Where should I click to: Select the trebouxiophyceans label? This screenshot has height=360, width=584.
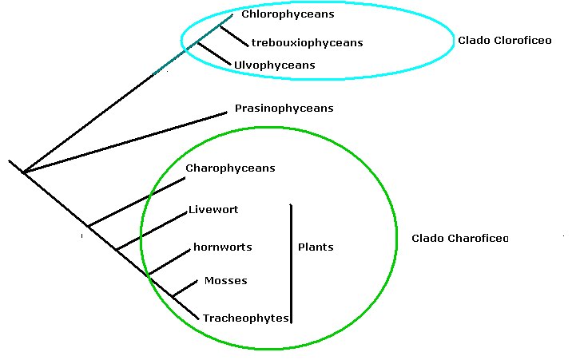pyautogui.click(x=307, y=42)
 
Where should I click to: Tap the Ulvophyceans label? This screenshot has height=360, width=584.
pyautogui.click(x=274, y=65)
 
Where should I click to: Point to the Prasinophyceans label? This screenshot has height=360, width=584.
pyautogui.click(x=284, y=109)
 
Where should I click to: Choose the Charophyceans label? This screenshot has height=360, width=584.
pyautogui.click(x=230, y=168)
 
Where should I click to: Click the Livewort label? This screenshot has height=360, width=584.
pyautogui.click(x=213, y=210)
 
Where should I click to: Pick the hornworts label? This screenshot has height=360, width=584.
pyautogui.click(x=222, y=247)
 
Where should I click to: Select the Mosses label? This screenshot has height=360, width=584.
pyautogui.click(x=225, y=281)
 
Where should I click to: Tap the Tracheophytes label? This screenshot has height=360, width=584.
pyautogui.click(x=244, y=318)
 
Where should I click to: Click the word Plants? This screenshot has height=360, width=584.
pyautogui.click(x=315, y=247)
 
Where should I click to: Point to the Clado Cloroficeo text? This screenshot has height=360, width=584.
pyautogui.click(x=504, y=40)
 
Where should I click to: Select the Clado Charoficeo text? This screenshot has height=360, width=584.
pyautogui.click(x=459, y=239)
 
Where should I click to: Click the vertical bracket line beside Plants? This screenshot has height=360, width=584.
pyautogui.click(x=291, y=263)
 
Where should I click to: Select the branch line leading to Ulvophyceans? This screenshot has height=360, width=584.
pyautogui.click(x=214, y=53)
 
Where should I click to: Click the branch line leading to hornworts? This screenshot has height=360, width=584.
pyautogui.click(x=168, y=261)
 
